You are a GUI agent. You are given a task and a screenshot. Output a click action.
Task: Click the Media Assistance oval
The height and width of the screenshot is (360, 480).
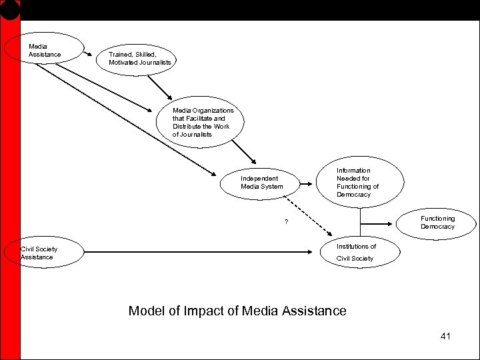coord(44,50)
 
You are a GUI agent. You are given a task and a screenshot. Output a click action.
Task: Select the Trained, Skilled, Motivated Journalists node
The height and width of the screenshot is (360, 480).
coord(140,59)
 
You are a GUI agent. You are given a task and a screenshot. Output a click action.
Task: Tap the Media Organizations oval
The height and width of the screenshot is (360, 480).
coord(203,122)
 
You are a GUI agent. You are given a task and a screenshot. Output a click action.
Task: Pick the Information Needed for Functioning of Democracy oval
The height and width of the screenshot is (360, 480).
coord(360,183)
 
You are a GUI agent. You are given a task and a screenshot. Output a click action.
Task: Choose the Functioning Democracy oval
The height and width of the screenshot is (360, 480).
coord(437,223)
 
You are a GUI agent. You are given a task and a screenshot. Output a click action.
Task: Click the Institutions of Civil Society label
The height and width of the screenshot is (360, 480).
coord(356,252)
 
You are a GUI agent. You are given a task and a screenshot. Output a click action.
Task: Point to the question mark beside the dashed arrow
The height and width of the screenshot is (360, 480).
coord(286,222)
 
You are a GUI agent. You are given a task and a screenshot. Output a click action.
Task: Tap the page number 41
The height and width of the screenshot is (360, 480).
coord(445,336)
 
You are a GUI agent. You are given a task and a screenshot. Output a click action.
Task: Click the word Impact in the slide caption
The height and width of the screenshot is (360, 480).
coord(204,311)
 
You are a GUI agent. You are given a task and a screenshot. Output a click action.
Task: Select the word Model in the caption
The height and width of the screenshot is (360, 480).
coord(147,311)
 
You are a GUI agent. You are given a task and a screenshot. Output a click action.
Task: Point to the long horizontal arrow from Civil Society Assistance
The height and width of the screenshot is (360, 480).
coord(200,252)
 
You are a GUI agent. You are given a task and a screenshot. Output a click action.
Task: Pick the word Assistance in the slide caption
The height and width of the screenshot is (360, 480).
coord(314,311)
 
